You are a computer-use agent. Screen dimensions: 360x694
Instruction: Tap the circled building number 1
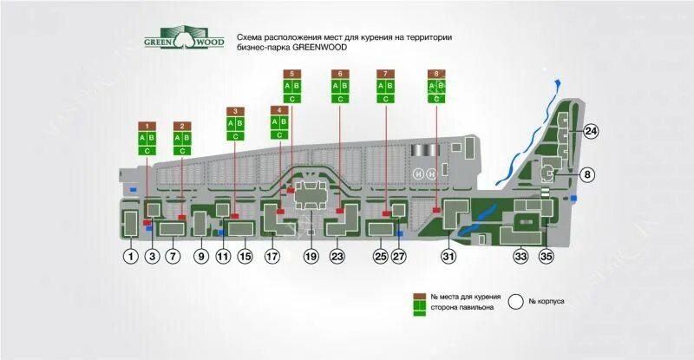[x=130, y=257]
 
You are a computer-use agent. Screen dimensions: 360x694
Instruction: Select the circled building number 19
[x=311, y=257]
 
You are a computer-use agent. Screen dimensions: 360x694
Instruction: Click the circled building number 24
[x=591, y=132]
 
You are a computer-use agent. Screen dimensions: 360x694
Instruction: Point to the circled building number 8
[x=587, y=174]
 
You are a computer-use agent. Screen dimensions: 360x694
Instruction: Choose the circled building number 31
[x=448, y=257]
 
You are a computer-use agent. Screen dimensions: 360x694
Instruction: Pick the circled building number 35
[x=547, y=257]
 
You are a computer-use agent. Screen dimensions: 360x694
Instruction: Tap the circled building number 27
[x=399, y=257]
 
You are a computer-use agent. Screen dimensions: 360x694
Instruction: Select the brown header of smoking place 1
[x=148, y=127]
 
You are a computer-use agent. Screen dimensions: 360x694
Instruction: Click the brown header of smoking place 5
[x=292, y=74]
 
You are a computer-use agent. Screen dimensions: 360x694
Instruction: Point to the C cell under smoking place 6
[x=340, y=99]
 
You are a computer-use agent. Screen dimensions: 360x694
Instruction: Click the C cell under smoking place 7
[x=387, y=99]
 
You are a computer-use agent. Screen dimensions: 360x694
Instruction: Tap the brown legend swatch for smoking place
[x=418, y=296]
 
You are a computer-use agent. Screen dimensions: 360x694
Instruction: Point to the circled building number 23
[x=337, y=257]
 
